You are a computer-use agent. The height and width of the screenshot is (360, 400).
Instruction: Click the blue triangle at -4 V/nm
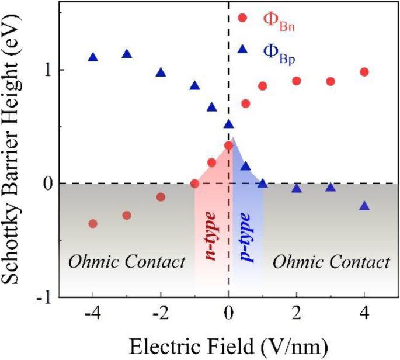[x=93, y=57]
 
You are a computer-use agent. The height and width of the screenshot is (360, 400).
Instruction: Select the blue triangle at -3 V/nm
[x=127, y=54]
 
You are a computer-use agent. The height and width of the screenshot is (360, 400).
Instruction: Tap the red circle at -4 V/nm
[x=93, y=223]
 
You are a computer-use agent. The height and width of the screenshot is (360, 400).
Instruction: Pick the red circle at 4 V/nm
[x=364, y=72]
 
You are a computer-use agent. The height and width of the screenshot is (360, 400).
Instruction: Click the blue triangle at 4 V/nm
[x=364, y=206]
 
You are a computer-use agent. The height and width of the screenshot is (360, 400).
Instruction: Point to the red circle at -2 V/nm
[x=161, y=197]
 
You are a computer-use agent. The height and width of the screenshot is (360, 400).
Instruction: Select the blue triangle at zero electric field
[x=229, y=124]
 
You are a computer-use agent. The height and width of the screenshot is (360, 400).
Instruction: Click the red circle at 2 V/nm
[x=297, y=81]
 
